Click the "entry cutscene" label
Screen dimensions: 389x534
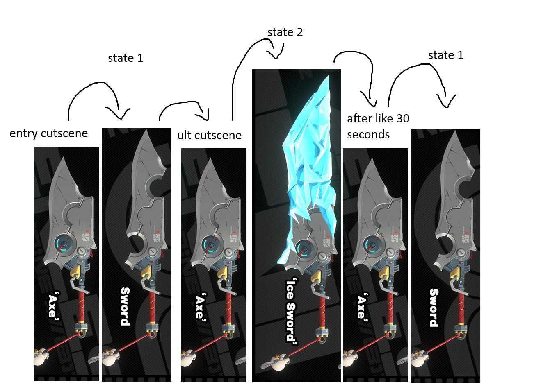48,133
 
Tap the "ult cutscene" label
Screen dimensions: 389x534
209,136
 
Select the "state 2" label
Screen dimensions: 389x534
285,32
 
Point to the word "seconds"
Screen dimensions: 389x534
368,134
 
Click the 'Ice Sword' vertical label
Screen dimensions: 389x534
291,311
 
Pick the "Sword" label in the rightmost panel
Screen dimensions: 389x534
434,308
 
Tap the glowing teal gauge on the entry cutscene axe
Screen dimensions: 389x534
64,244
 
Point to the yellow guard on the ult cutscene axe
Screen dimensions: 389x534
222,273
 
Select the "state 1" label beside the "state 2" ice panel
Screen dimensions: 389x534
446,55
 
